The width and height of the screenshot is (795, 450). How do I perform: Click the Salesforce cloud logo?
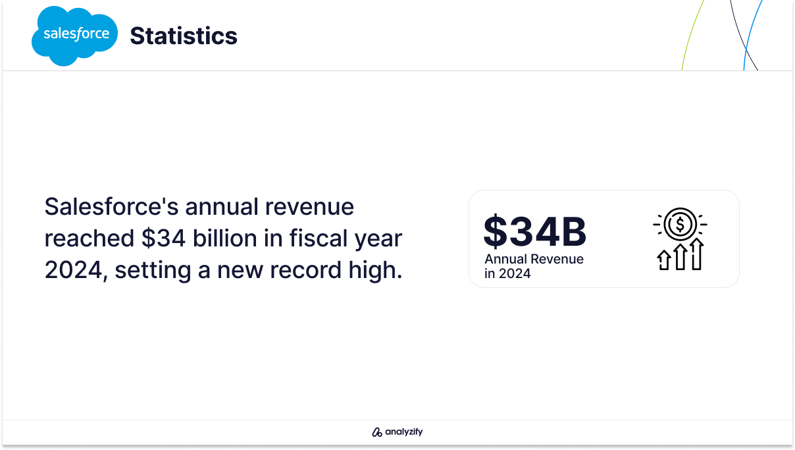point(74,36)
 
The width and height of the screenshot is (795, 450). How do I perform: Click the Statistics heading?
point(184,36)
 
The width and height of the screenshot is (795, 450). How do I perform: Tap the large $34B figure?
point(535,232)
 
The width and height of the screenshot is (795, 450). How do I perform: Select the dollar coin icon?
point(680,224)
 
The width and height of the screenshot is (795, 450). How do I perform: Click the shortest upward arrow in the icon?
point(663,260)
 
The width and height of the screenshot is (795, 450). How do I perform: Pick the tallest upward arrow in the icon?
point(697,254)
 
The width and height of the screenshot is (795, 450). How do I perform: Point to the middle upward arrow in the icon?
point(680,257)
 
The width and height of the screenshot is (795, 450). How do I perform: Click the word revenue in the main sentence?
point(309,208)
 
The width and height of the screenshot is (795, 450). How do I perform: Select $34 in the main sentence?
point(163,238)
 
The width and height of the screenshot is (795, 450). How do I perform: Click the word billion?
point(224,238)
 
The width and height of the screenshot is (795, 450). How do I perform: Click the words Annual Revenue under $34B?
point(534,259)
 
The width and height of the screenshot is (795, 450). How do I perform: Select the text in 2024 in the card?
point(507,273)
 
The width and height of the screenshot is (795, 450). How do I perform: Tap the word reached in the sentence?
point(89,238)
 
